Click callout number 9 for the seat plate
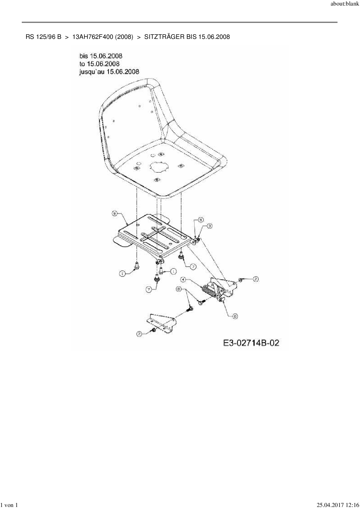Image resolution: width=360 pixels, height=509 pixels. tap(115, 213)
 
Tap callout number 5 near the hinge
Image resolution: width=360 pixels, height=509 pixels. tap(201, 220)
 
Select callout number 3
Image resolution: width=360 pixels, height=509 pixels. tap(209, 225)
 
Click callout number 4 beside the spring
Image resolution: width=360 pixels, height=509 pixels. tap(183, 279)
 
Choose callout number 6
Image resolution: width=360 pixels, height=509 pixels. tap(179, 289)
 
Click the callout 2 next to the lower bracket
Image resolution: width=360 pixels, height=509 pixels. tap(140, 334)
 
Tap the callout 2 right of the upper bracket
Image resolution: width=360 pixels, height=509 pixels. tap(255, 279)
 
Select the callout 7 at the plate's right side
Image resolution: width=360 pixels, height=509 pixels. tap(193, 266)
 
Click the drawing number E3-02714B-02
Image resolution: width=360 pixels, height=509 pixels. tap(251, 343)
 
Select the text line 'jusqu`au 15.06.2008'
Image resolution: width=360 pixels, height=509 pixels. tap(109, 71)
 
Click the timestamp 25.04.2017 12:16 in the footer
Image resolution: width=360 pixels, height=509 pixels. tap(338, 505)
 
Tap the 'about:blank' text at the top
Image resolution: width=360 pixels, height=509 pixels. tap(345, 5)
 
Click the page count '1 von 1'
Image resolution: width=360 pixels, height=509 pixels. tap(10, 505)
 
